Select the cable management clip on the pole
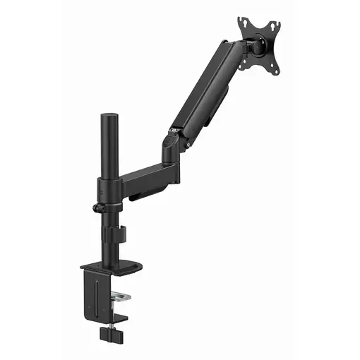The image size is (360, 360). [121, 236]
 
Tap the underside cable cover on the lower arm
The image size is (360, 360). [148, 189]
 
